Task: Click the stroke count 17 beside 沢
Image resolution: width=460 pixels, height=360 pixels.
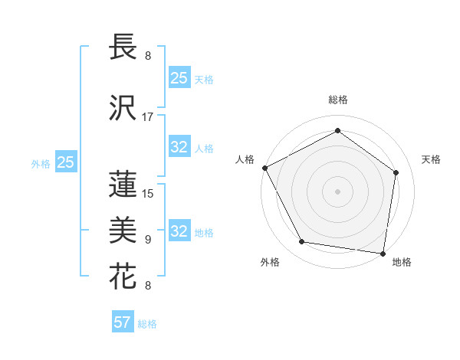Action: coord(148,117)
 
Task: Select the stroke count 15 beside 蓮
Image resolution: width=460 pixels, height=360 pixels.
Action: coord(148,193)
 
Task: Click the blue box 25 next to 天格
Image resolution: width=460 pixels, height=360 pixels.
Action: coord(179,77)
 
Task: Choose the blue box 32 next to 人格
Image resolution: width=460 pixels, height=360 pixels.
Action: coord(179,147)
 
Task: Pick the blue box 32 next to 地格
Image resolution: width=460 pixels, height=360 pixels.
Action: coord(179,231)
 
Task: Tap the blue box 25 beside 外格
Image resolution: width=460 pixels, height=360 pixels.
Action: coord(65,162)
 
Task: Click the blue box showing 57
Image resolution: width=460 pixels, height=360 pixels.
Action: coord(123,322)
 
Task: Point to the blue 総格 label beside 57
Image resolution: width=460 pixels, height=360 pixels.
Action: coord(148,324)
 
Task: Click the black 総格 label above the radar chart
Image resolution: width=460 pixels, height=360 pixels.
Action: coord(338,100)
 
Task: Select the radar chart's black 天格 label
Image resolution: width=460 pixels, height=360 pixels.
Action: coord(432,159)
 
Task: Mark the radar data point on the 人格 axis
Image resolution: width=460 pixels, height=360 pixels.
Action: coord(264,168)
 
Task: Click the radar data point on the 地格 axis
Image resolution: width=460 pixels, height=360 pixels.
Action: coord(383,253)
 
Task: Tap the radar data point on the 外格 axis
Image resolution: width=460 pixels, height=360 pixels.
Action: coord(302,242)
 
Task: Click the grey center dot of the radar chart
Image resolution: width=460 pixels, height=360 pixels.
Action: coord(337,191)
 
